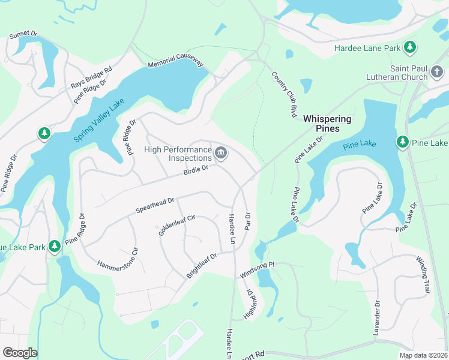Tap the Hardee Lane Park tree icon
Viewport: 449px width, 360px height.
[410, 46]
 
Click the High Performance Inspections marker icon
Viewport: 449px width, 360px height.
[221, 154]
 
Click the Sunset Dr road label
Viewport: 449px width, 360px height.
[23, 37]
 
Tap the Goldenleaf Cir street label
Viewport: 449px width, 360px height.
[177, 224]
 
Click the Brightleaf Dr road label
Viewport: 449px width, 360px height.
[201, 265]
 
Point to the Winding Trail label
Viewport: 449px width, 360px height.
[424, 274]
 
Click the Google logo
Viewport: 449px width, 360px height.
[20, 353]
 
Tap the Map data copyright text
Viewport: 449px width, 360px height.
[423, 355]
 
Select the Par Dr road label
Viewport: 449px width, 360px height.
[247, 220]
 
